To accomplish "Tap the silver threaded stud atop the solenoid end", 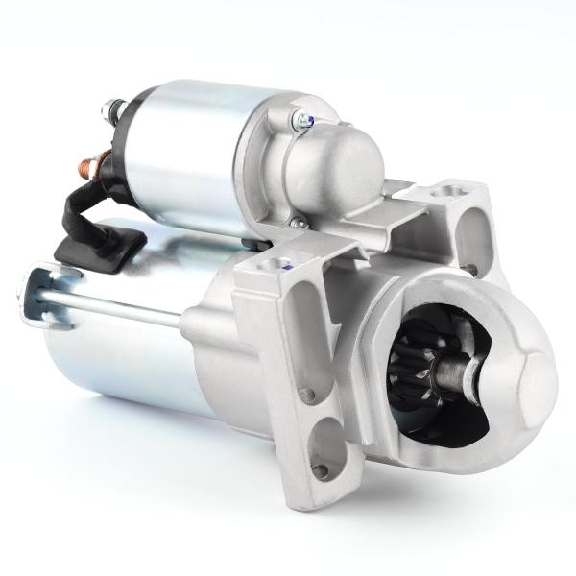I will pos(108,106).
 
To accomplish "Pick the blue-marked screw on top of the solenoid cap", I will pos(304,120).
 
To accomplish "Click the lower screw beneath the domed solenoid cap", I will pos(299,224).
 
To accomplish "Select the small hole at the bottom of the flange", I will pos(322,470).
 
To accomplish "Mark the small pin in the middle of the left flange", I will pos(307,394).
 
